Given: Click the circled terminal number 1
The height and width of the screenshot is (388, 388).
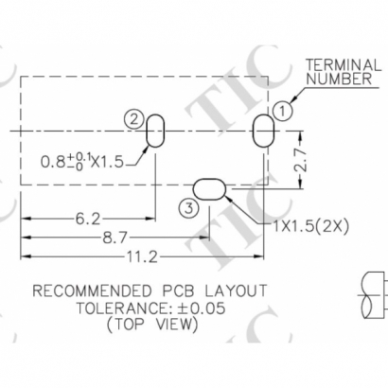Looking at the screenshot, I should tap(281, 110).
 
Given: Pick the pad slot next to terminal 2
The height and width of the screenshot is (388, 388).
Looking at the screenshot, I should tap(156, 131).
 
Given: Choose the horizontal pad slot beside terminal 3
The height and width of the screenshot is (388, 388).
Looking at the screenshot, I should tap(210, 187).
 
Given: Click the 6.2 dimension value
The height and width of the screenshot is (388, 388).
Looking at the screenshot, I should tap(88, 219).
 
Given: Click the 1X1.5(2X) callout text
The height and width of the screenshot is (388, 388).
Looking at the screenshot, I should tap(309, 225).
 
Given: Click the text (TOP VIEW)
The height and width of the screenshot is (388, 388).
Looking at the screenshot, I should tap(150, 325).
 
